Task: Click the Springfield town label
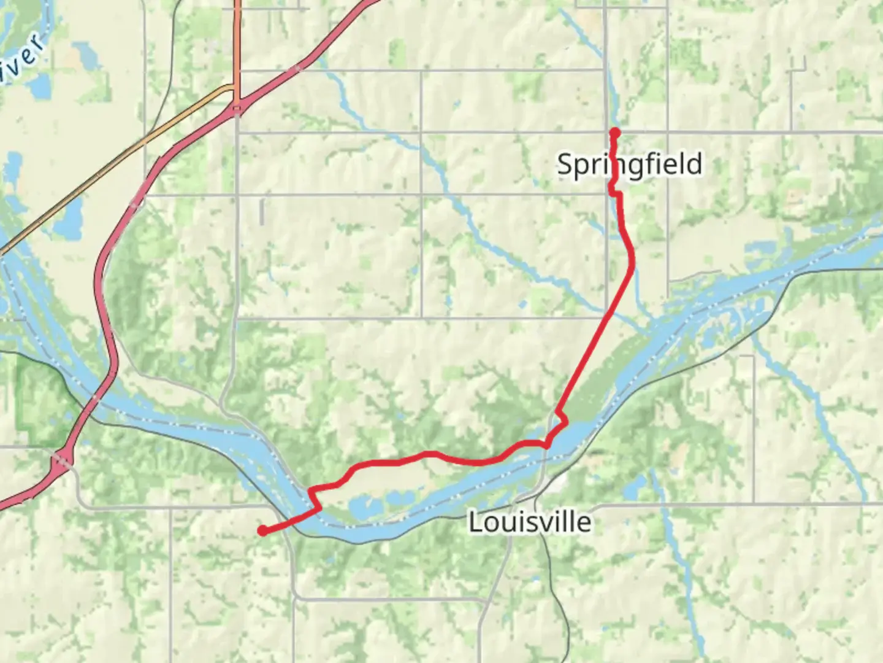coord(629,165)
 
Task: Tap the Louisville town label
coord(530,522)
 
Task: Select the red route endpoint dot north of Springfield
coord(614,132)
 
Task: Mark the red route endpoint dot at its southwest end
coord(262,530)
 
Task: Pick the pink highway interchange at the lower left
coord(59,460)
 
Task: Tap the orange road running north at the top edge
coord(237,37)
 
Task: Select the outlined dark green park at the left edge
coord(40,399)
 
